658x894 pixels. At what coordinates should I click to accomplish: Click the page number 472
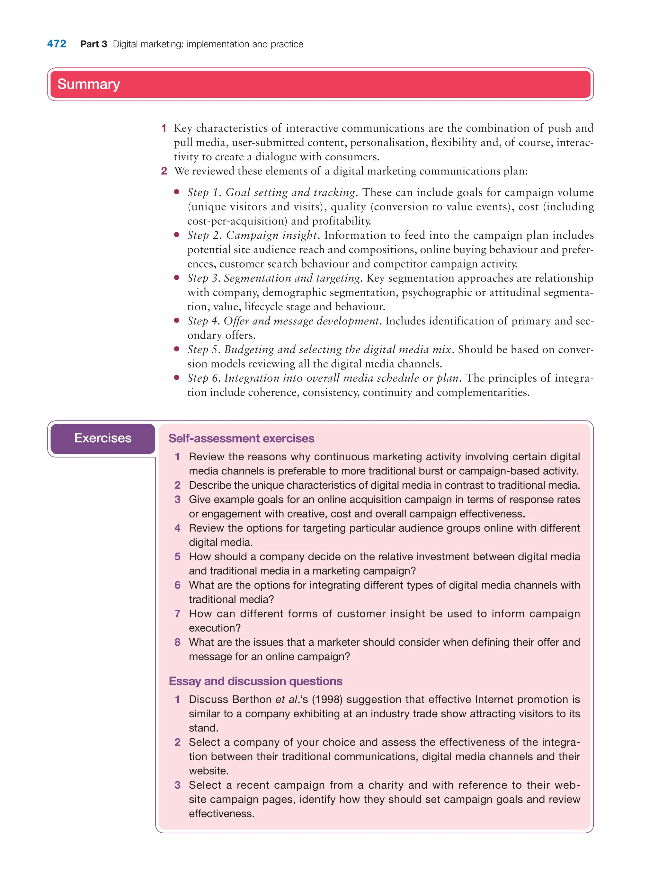coord(57,44)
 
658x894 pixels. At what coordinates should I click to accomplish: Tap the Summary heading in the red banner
coord(88,84)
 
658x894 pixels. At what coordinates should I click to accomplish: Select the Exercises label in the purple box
coord(103,438)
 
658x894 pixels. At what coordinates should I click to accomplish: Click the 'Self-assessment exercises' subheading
coord(241,438)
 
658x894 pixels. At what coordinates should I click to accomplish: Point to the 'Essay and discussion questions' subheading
coord(255,681)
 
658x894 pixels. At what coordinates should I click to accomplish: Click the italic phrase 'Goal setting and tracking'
coord(290,192)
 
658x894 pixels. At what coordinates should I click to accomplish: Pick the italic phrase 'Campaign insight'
coord(271,235)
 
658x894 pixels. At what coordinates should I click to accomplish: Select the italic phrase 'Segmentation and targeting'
coord(292,278)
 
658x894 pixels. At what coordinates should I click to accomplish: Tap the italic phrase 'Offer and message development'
coord(301,321)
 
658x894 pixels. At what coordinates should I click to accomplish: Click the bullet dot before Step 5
coord(177,349)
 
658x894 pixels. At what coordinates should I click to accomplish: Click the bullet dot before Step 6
coord(177,377)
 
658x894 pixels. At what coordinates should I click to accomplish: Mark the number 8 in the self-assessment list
coord(178,642)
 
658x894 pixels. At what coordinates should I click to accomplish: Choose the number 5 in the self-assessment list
coord(178,557)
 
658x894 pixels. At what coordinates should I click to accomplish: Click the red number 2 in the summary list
coord(164,171)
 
